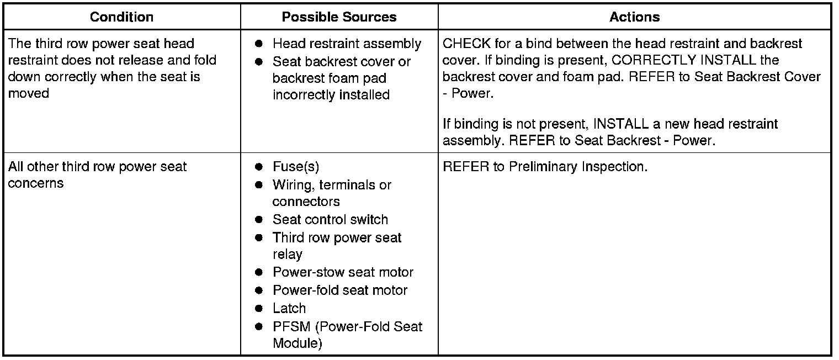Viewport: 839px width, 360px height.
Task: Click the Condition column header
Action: [121, 17]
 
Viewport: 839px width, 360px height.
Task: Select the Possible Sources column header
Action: [339, 17]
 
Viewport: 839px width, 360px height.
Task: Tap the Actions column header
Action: [634, 17]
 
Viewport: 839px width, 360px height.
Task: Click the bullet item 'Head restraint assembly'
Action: [347, 44]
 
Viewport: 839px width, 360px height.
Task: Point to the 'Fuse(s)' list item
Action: [296, 167]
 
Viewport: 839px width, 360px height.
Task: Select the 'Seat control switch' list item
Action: [330, 219]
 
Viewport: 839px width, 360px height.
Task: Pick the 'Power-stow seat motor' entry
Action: [343, 272]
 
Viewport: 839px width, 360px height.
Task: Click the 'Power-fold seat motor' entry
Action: [340, 290]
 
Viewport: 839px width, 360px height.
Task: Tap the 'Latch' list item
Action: [289, 308]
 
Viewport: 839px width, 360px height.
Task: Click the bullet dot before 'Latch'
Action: [258, 308]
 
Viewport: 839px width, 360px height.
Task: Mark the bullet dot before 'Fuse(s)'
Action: [258, 167]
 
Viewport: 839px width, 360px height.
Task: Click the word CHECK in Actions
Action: [463, 44]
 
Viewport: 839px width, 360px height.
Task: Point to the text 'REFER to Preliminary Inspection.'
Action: [545, 167]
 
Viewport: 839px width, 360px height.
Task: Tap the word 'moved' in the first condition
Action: [29, 93]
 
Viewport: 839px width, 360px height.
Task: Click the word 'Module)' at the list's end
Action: [298, 343]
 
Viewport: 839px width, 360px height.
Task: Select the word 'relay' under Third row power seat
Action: [288, 255]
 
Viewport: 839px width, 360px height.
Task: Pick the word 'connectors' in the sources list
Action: [306, 202]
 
